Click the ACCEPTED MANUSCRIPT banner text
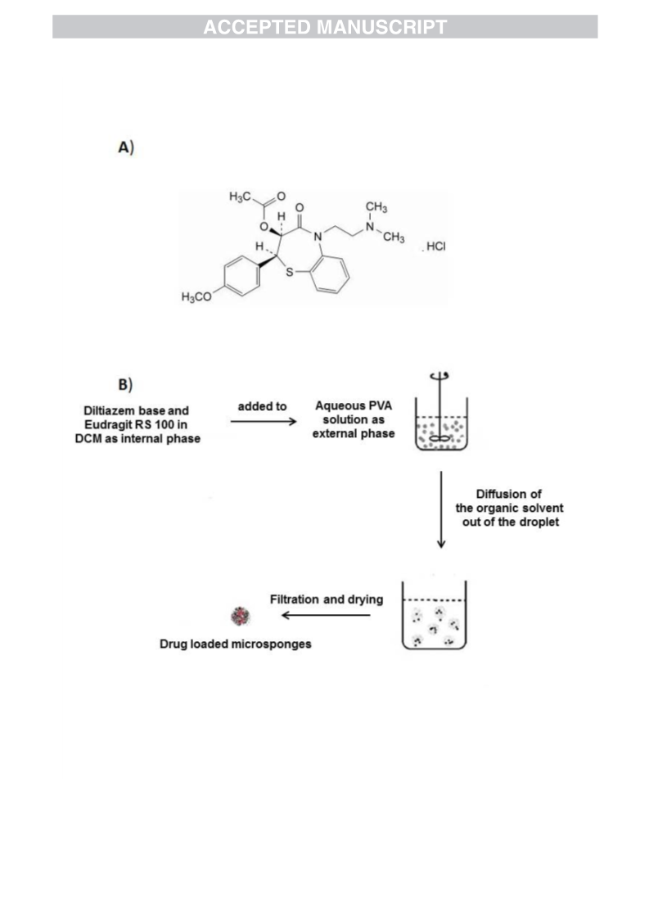325,27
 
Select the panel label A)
126,147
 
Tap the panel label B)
125,385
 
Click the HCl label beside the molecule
435,246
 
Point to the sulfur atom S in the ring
289,272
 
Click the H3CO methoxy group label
196,297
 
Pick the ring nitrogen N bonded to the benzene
318,237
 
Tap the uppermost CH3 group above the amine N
376,207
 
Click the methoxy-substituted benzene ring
241,275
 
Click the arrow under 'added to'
264,422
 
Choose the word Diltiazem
110,410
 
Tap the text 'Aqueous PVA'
354,405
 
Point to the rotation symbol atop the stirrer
439,376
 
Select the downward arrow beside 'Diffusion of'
441,509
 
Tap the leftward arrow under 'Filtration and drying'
326,615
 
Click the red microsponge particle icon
240,616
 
